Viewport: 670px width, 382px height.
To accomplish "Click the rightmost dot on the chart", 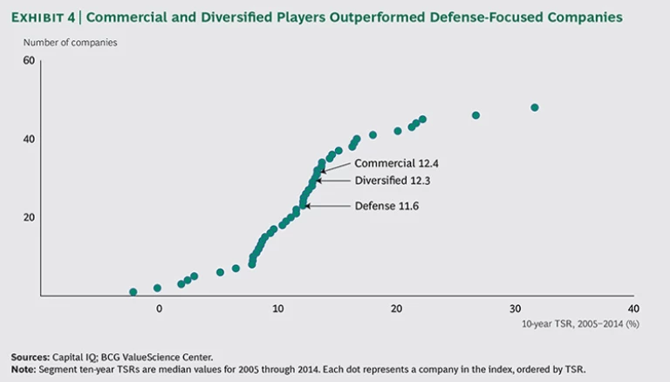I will click(x=535, y=107).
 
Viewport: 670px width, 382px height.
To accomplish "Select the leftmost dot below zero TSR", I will click(x=133, y=291).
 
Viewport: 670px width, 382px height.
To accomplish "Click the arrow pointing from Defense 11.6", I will click(x=327, y=206).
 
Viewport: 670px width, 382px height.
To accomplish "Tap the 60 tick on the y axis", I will click(x=28, y=60).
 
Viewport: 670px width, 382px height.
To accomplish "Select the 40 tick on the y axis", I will click(x=28, y=139).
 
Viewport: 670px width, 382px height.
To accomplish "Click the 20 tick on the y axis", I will click(x=28, y=217).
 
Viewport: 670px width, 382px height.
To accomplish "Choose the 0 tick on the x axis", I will click(x=159, y=309).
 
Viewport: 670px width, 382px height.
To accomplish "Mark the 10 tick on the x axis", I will click(x=277, y=309).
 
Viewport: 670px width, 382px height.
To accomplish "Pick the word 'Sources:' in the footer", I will click(x=30, y=356).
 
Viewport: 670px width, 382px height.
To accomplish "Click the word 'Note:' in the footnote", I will click(x=24, y=368).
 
